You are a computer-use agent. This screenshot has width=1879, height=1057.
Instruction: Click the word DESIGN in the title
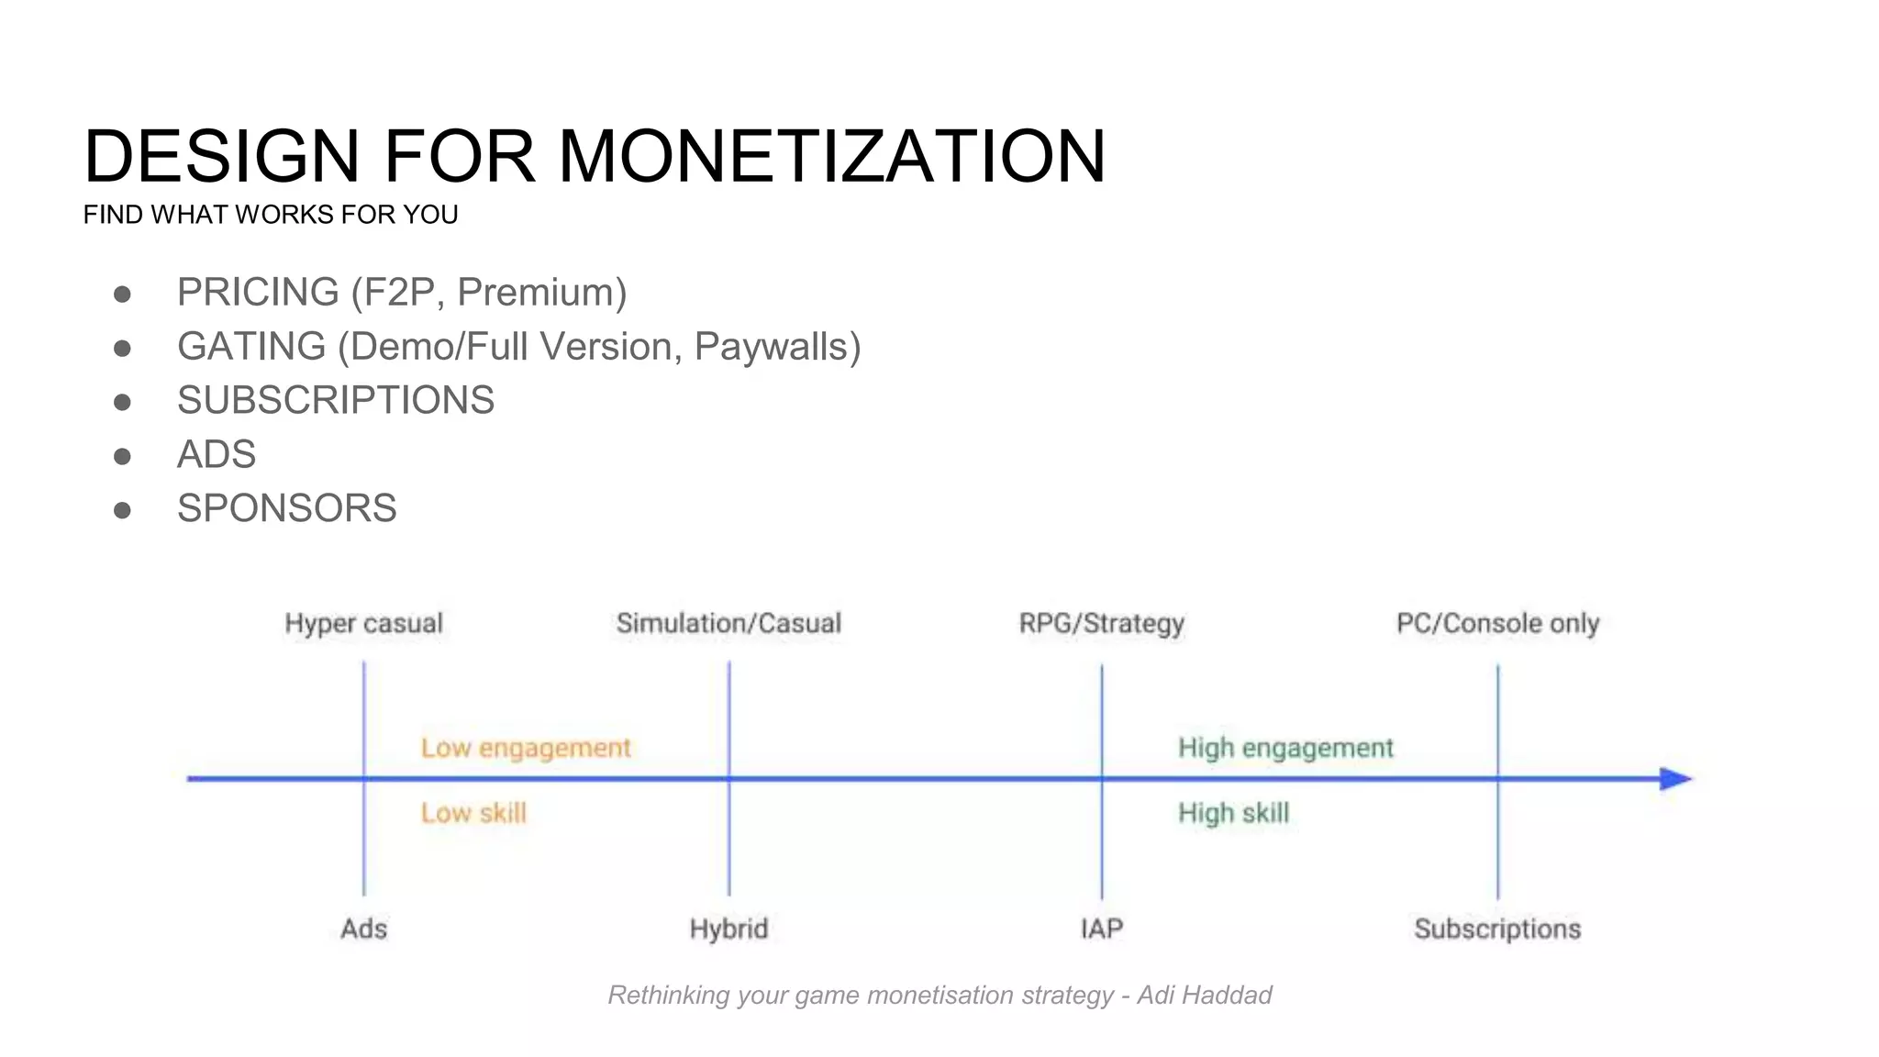221,156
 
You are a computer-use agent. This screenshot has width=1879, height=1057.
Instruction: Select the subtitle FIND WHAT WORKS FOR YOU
271,215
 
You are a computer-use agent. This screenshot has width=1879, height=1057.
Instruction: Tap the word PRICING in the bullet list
258,292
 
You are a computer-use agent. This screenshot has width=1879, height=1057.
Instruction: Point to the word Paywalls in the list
776,347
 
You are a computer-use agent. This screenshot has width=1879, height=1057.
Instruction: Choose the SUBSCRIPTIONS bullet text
336,400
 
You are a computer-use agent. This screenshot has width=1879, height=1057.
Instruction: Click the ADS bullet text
217,454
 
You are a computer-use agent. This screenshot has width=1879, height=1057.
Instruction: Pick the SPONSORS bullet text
287,508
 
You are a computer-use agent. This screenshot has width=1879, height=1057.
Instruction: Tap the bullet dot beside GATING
122,348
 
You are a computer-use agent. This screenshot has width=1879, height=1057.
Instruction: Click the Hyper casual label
363,624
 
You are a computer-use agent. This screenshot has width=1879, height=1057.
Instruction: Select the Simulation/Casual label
728,624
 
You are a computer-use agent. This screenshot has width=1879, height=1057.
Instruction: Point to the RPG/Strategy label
1101,624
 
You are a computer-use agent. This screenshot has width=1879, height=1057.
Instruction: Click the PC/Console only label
1497,624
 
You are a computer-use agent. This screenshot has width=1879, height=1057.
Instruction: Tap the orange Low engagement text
526,748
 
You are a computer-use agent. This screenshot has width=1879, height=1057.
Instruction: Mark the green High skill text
1233,813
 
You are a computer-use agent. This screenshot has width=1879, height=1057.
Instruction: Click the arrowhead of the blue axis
1675,779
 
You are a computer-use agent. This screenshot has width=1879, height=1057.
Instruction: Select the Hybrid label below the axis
728,929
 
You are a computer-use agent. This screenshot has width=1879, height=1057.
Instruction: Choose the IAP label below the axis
1101,929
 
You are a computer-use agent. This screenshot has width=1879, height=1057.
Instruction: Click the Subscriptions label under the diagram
1497,929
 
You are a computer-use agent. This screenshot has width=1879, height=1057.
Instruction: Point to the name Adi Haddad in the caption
1204,996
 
